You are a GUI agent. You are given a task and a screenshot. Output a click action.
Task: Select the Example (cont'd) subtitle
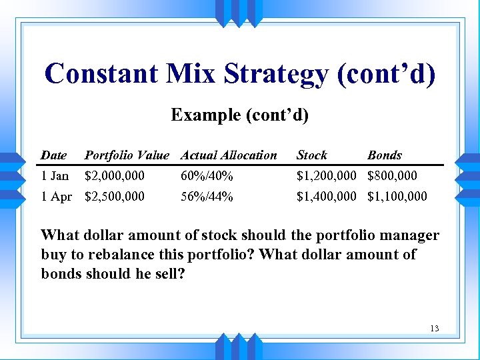pyautogui.click(x=239, y=115)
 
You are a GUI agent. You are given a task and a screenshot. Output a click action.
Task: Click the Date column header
pyautogui.click(x=53, y=155)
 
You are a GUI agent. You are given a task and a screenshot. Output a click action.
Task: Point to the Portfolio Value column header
pyautogui.click(x=127, y=155)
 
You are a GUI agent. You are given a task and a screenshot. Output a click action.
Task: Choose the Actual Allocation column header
pyautogui.click(x=229, y=155)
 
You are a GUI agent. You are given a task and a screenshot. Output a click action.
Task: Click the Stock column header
pyautogui.click(x=312, y=155)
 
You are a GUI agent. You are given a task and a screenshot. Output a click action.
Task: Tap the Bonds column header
pyautogui.click(x=385, y=155)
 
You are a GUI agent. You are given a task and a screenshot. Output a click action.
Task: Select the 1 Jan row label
pyautogui.click(x=55, y=176)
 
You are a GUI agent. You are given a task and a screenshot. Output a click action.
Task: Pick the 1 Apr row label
pyautogui.click(x=56, y=197)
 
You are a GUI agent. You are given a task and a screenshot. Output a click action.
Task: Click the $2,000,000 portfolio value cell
pyautogui.click(x=114, y=176)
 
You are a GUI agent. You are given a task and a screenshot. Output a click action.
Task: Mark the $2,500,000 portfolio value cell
pyautogui.click(x=114, y=197)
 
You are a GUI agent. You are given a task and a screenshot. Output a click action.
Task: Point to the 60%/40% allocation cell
pyautogui.click(x=207, y=176)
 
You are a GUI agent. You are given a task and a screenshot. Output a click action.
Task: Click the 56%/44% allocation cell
pyautogui.click(x=207, y=197)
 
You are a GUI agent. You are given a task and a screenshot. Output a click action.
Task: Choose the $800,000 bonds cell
pyautogui.click(x=393, y=176)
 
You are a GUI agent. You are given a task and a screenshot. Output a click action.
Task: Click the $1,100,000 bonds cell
pyautogui.click(x=397, y=197)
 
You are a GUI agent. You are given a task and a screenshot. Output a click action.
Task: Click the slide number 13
pyautogui.click(x=435, y=328)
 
